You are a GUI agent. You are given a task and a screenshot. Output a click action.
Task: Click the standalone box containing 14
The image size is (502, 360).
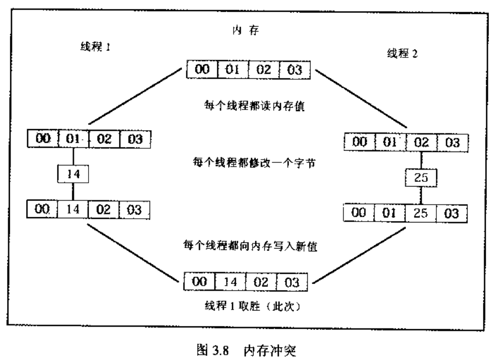[73, 175]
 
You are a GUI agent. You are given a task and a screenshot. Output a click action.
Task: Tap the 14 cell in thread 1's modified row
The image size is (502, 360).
[74, 209]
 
